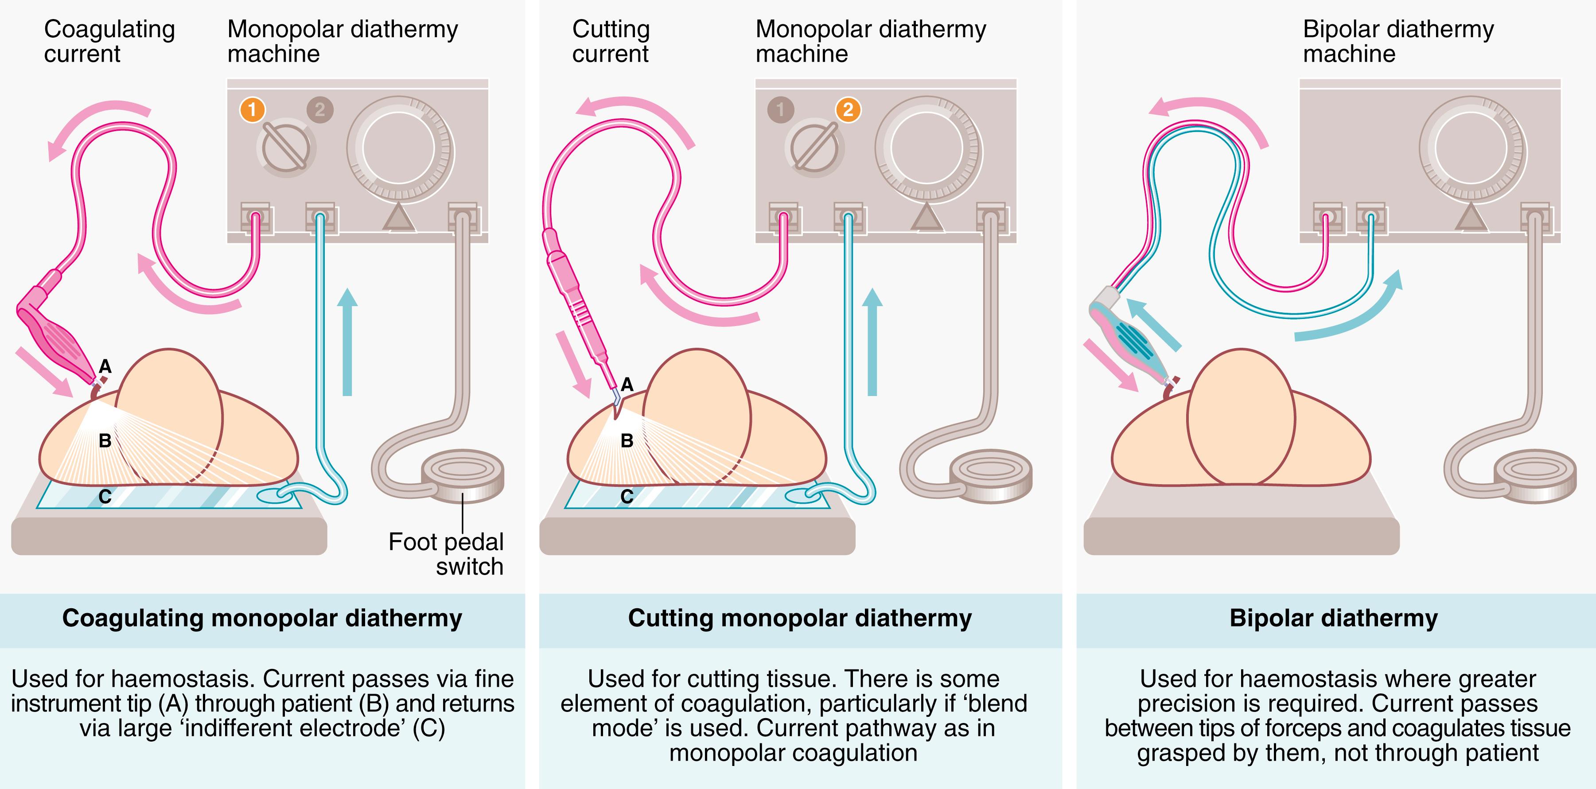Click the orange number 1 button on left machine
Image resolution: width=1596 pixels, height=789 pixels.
pyautogui.click(x=252, y=109)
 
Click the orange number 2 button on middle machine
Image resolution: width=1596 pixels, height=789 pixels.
pyautogui.click(x=848, y=109)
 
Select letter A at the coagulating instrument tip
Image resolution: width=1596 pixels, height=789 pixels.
pyautogui.click(x=105, y=367)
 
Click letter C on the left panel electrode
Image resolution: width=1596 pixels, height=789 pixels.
pyautogui.click(x=105, y=497)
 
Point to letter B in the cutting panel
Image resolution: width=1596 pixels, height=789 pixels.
pyautogui.click(x=627, y=441)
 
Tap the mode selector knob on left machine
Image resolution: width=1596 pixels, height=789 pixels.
pyautogui.click(x=286, y=148)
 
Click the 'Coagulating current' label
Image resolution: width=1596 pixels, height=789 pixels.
pyautogui.click(x=109, y=42)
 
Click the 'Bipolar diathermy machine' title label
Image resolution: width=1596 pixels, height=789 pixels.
pyautogui.click(x=1398, y=42)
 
